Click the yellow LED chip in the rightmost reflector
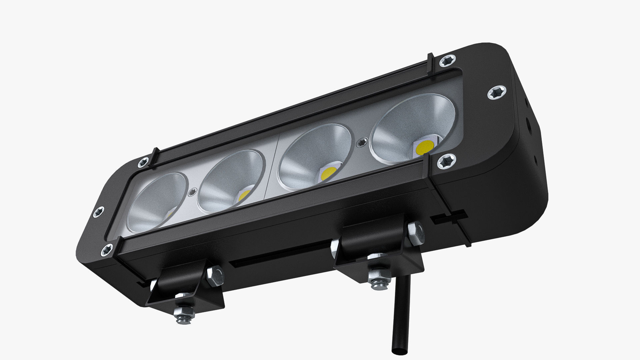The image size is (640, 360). (x=425, y=147)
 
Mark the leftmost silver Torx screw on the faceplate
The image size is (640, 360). (x=99, y=212)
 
